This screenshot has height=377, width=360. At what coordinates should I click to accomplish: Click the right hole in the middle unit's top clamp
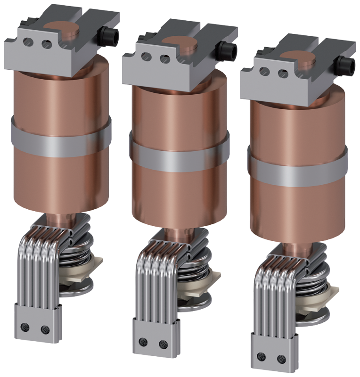pyautogui.click(x=164, y=59)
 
